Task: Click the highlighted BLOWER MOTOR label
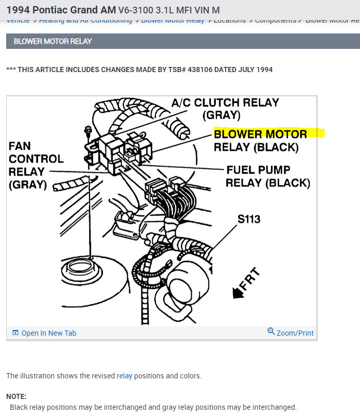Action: [x=260, y=134]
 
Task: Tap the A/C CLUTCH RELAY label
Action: [x=225, y=103]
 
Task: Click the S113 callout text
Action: [x=249, y=219]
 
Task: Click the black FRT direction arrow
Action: [x=239, y=292]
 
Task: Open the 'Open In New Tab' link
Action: [x=48, y=333]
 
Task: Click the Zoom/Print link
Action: [x=295, y=333]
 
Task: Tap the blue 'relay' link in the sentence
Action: [x=124, y=376]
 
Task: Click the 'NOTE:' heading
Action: [x=16, y=396]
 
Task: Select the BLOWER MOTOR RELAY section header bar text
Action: [x=52, y=41]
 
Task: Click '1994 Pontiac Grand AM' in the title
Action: [x=61, y=10]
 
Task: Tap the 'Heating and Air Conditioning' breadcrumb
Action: [x=85, y=21]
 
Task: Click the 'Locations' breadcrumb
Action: [x=229, y=21]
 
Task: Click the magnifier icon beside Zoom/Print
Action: [x=271, y=332]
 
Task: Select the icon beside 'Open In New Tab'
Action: [x=15, y=333]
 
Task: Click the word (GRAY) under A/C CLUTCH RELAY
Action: [x=222, y=115]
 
